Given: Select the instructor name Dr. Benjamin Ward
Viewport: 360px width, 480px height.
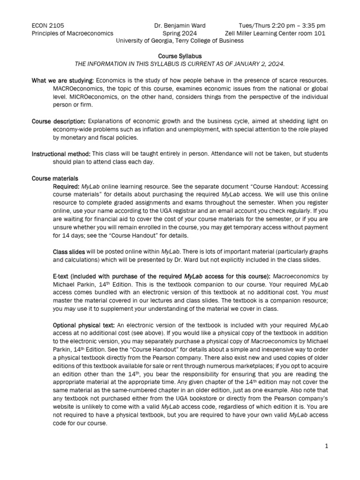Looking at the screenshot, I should tap(180, 25).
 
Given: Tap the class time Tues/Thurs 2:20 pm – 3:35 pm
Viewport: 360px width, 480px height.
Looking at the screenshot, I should tap(282, 25).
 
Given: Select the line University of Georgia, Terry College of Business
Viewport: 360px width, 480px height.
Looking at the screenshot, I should tap(180, 41).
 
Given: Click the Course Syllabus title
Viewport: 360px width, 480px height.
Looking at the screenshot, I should tap(180, 56).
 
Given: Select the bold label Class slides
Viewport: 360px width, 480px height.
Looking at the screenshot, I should tap(69, 252).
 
